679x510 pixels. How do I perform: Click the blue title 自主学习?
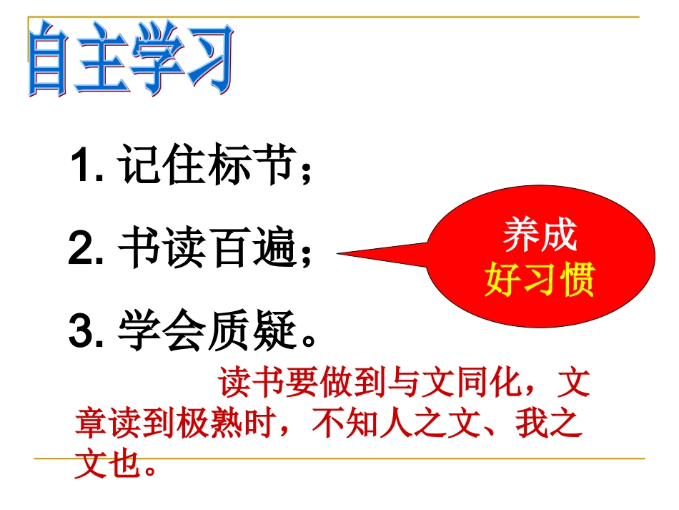[x=130, y=60]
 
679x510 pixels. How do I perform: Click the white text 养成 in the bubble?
[x=540, y=235]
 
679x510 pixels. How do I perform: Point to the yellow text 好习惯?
[x=540, y=281]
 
